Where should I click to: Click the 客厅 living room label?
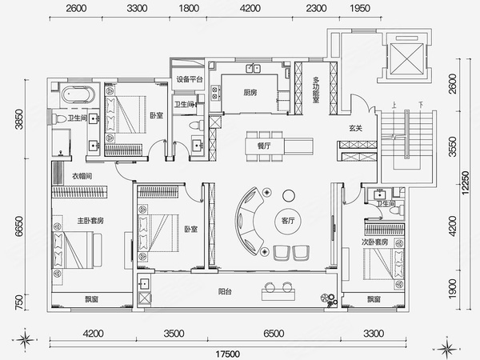[x=288, y=221]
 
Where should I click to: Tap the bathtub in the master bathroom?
[x=78, y=94]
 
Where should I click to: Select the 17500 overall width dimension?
[x=227, y=354]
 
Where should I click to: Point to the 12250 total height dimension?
[x=466, y=182]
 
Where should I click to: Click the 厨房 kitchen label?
[x=250, y=92]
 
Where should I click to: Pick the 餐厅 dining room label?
[x=264, y=146]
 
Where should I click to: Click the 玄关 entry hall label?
[x=356, y=128]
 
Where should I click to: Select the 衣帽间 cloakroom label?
[x=82, y=176]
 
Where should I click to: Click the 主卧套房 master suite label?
[x=90, y=221]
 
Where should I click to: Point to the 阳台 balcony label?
[x=225, y=291]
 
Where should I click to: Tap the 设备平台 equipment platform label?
[x=190, y=79]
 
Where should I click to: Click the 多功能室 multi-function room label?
[x=316, y=90]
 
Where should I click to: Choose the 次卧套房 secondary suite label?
[x=374, y=242]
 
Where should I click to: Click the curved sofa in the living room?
[x=250, y=221]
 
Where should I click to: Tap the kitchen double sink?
[x=253, y=68]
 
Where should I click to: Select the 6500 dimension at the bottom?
[x=274, y=334]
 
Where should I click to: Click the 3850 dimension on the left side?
[x=19, y=119]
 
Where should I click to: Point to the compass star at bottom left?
[x=26, y=339]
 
